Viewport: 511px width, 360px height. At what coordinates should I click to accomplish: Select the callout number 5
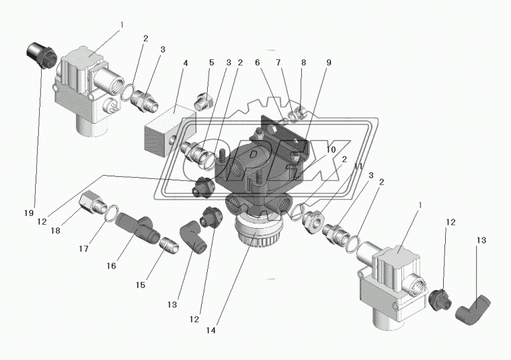[210, 63]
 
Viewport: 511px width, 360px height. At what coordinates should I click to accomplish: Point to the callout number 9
[329, 63]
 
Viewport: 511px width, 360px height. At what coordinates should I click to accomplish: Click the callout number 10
[331, 149]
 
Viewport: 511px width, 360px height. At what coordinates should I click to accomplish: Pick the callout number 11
[358, 166]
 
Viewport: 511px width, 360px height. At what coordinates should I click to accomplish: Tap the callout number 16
[110, 266]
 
